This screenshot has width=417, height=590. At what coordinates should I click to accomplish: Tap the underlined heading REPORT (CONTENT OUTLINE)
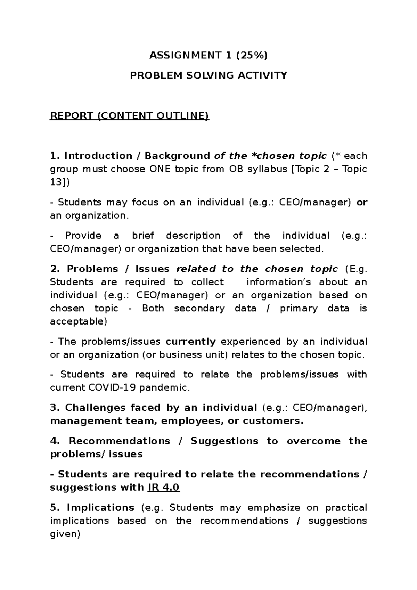(x=130, y=116)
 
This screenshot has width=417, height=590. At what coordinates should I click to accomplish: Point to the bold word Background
(x=177, y=156)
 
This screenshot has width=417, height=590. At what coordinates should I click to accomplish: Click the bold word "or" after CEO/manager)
(x=362, y=202)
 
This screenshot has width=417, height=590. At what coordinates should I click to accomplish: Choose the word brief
(x=143, y=236)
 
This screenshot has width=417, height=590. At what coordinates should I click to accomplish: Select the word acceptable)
(x=79, y=321)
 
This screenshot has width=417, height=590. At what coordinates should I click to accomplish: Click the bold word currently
(x=191, y=342)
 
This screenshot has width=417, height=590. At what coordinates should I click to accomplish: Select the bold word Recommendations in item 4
(x=120, y=441)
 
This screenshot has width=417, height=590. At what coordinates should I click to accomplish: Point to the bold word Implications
(x=100, y=508)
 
